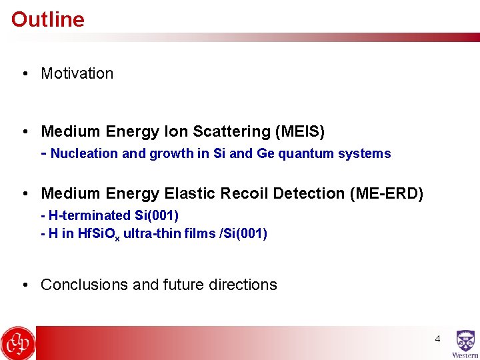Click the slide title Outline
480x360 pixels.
[48, 19]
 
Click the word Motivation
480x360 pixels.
[77, 73]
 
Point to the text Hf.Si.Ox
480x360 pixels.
[99, 234]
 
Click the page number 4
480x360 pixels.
[437, 339]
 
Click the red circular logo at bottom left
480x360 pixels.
[18, 343]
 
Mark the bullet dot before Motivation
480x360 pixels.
[24, 74]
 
